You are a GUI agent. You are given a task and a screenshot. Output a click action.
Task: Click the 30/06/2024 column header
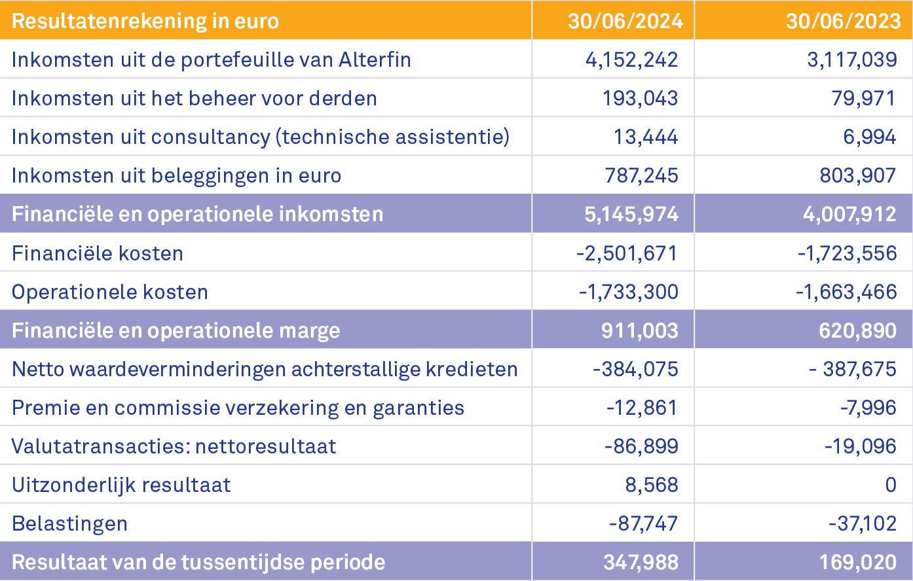pyautogui.click(x=625, y=21)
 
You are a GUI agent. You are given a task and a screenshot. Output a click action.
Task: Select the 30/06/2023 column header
pyautogui.click(x=843, y=21)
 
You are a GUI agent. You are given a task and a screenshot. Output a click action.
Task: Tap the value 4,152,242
pyautogui.click(x=631, y=60)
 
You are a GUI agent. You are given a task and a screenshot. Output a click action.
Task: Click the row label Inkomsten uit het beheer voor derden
pyautogui.click(x=194, y=98)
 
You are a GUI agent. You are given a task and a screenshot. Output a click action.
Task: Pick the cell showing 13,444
pyautogui.click(x=645, y=137)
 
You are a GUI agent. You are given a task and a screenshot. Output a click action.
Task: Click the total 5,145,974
pyautogui.click(x=631, y=214)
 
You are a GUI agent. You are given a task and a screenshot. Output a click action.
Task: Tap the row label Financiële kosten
pyautogui.click(x=98, y=253)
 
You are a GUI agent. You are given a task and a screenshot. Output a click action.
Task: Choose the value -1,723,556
pyautogui.click(x=847, y=253)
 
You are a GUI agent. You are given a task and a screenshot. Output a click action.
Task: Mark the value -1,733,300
pyautogui.click(x=628, y=292)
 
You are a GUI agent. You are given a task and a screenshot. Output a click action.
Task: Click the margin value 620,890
pyautogui.click(x=857, y=330)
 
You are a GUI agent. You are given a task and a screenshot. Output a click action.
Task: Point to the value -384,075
pyautogui.click(x=635, y=369)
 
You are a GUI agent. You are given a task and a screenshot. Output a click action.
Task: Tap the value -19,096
pyautogui.click(x=860, y=446)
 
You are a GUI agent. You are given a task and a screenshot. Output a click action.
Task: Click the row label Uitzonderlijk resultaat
pyautogui.click(x=121, y=485)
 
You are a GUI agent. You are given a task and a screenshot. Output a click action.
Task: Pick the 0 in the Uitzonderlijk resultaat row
pyautogui.click(x=890, y=485)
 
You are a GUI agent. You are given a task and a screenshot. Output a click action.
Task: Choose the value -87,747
pyautogui.click(x=643, y=523)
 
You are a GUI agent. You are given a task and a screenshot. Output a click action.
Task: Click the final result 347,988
pyautogui.click(x=641, y=562)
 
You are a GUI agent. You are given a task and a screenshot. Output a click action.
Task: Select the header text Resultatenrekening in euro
pyautogui.click(x=145, y=21)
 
